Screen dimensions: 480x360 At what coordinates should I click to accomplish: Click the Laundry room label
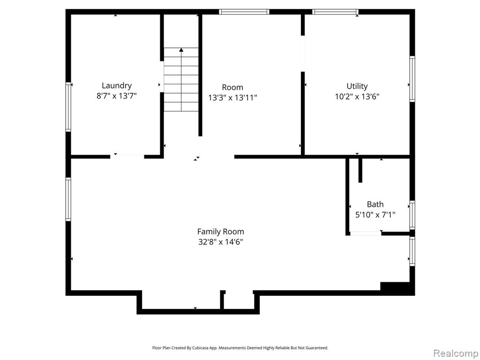point(117,86)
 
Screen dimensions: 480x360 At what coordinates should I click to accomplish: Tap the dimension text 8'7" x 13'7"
point(117,96)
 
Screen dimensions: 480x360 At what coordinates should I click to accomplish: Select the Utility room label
point(357,86)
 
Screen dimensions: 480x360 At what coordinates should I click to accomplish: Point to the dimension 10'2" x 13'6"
point(357,97)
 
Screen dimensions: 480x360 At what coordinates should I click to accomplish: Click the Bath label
point(375,204)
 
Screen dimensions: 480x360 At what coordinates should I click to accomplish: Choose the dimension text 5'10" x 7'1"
point(375,215)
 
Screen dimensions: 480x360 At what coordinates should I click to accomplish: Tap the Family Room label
point(220,232)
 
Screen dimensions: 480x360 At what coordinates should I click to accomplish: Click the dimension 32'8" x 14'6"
point(220,242)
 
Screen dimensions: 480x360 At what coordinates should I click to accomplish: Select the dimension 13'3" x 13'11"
point(232,97)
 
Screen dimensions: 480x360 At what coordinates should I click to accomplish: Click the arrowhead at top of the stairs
point(181,50)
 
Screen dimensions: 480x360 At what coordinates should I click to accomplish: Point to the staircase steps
point(181,80)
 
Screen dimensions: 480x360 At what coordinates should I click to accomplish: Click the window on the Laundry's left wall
point(68,107)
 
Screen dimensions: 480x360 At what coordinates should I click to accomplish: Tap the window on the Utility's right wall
point(412,79)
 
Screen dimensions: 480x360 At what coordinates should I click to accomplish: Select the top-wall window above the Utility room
point(335,12)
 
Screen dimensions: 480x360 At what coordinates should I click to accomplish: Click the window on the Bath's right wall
point(412,215)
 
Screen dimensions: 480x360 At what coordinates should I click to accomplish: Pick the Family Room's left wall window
point(68,199)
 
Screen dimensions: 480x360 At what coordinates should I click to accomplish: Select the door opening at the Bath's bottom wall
point(366,233)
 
